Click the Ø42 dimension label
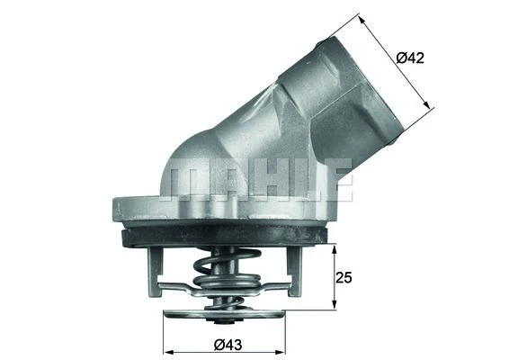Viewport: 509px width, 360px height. tap(410, 58)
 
